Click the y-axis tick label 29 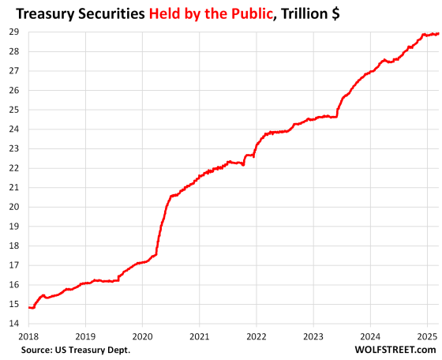[14, 32]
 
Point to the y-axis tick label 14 [14, 324]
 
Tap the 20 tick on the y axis [14, 207]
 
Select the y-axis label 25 [14, 110]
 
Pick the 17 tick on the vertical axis [14, 265]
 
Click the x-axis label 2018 [28, 336]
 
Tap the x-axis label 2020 [142, 336]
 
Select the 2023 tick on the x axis [313, 336]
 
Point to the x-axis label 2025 [427, 336]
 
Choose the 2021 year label [199, 336]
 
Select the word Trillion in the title [305, 13]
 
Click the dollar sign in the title [335, 13]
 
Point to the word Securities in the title [111, 13]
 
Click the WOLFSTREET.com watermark [395, 350]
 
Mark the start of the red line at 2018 [29, 307]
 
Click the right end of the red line [438, 34]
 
